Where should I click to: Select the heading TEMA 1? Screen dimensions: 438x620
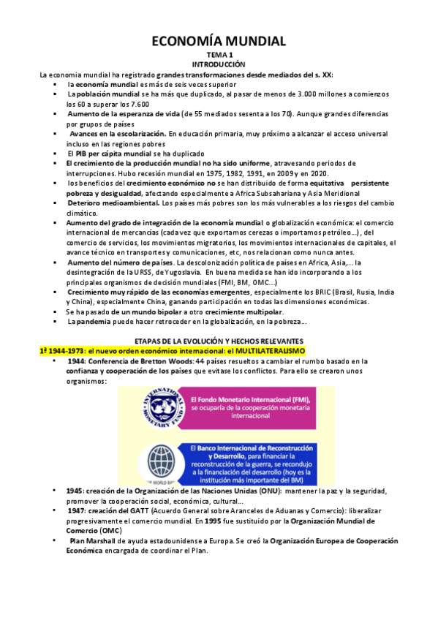219,56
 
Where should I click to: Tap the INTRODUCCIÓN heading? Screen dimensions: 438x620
219,66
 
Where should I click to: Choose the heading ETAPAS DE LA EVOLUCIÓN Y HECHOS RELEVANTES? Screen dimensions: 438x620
219,341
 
